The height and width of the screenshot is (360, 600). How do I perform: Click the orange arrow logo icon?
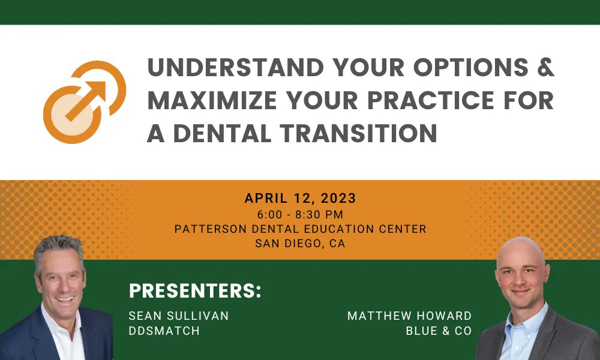point(84,101)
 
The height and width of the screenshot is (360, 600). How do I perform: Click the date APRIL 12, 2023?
point(300,198)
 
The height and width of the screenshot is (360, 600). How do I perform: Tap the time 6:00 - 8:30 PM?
point(300,214)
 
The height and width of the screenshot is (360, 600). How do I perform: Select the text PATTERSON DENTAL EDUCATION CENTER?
point(300,229)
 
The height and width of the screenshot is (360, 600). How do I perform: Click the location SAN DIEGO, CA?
point(300,244)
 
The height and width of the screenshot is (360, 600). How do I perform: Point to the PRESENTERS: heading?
point(196,291)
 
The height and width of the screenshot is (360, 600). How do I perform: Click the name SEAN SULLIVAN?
point(179,316)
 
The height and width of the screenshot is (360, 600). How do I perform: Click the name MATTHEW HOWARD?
point(409,316)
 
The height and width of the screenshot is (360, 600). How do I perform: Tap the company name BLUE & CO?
point(439,331)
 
